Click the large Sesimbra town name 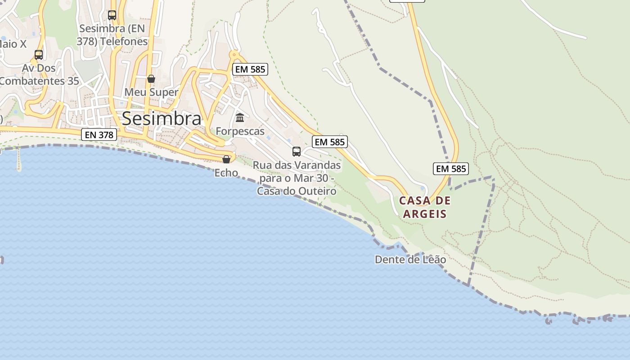[x=162, y=118]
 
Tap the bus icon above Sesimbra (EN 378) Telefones [x=112, y=15]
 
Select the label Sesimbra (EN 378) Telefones [x=113, y=35]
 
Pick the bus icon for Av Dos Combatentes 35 [x=39, y=55]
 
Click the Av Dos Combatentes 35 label [x=40, y=75]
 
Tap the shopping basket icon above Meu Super [x=151, y=79]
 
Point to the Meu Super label [x=151, y=92]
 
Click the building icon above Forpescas [x=240, y=118]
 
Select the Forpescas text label [x=240, y=131]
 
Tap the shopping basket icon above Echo [x=226, y=159]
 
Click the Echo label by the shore [x=226, y=172]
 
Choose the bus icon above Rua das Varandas [x=297, y=151]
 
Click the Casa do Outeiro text [x=297, y=191]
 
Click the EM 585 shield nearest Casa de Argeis [x=451, y=169]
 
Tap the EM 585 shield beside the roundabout [x=250, y=69]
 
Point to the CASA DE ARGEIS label [x=425, y=207]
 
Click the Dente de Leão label [x=410, y=260]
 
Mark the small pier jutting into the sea [x=19, y=160]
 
